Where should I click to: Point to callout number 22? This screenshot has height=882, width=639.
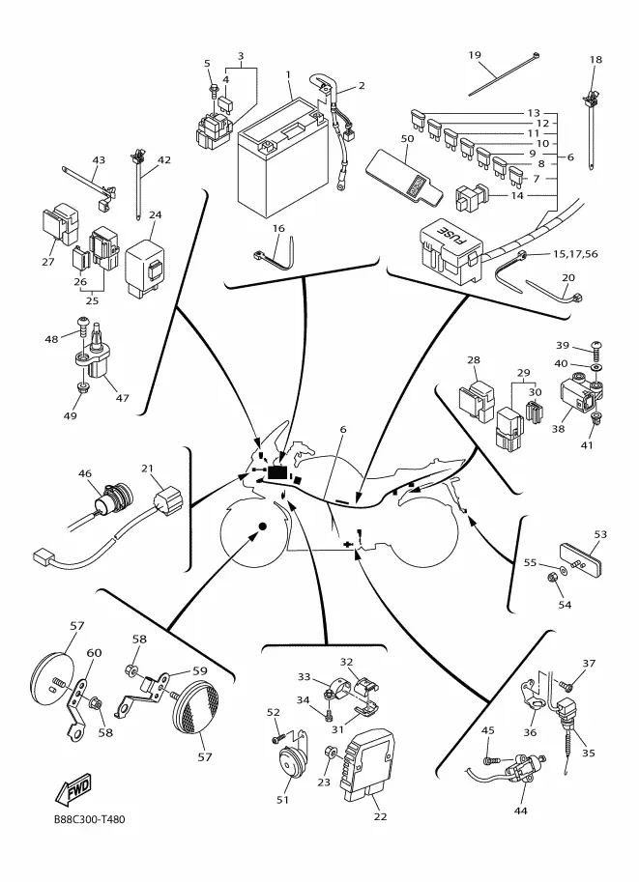tap(380, 816)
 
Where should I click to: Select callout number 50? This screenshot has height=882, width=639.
tap(407, 139)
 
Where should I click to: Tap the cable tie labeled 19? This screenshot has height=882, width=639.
tap(503, 77)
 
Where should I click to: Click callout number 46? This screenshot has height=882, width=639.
tap(85, 473)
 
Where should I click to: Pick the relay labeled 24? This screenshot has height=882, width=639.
tap(146, 255)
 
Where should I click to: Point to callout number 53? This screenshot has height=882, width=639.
tap(600, 533)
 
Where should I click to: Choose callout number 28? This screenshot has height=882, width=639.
tap(474, 360)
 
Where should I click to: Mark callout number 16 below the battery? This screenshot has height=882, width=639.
tap(278, 228)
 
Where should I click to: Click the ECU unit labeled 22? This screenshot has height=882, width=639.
tap(366, 763)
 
